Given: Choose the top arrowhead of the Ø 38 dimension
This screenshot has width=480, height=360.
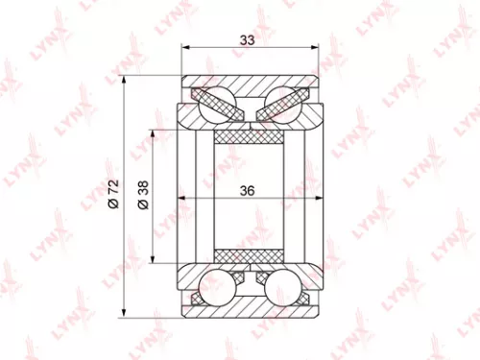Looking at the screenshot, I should (152, 131).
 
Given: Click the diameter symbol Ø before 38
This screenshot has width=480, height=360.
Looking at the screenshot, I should (143, 207).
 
